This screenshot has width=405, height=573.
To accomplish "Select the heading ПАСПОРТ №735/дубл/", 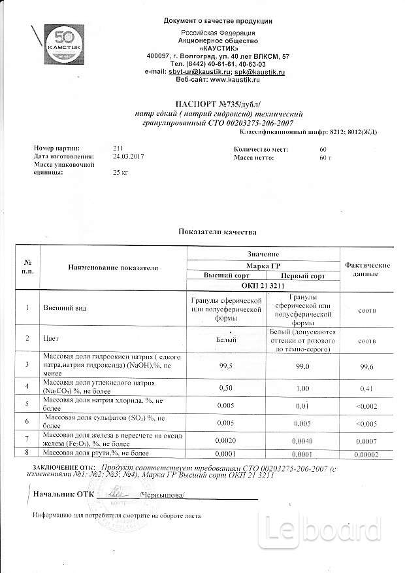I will [218, 104].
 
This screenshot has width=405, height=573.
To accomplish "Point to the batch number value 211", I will [118, 150].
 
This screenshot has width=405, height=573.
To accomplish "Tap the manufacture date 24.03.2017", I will [127, 157].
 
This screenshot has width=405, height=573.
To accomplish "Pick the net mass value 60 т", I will [326, 158].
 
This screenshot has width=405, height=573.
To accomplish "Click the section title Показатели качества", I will [218, 232].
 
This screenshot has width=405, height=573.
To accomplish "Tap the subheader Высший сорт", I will [225, 276].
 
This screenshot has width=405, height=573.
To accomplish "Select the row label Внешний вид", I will [61, 307].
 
